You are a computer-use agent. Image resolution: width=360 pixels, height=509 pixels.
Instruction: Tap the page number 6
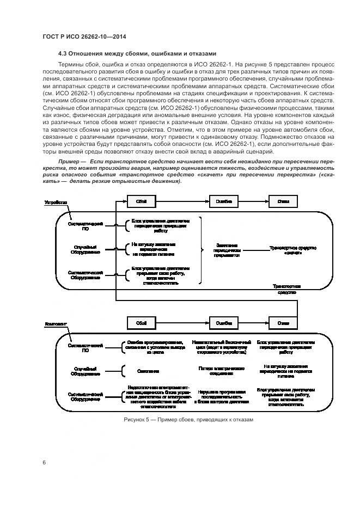pos(44,462)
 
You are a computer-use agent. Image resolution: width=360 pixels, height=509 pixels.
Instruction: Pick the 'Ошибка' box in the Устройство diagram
pos(224,201)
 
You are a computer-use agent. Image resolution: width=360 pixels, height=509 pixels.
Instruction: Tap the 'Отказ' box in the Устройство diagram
pos(283,201)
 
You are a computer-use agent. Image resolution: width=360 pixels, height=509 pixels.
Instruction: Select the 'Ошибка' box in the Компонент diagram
pos(224,323)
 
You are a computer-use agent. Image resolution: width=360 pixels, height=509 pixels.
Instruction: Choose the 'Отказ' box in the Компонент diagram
pos(283,323)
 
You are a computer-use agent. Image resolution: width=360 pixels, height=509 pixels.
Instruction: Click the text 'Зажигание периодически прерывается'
pos(225,250)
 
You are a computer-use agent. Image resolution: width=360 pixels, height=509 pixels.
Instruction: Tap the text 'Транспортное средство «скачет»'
pos(293,250)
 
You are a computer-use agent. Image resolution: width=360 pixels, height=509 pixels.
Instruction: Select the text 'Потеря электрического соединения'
pos(221,371)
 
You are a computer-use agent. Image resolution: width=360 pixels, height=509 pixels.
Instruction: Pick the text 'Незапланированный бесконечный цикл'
pos(221,345)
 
